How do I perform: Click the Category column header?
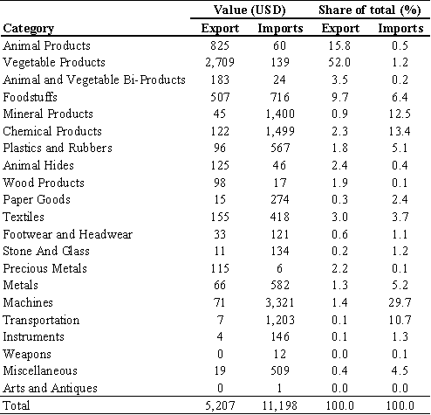(29, 29)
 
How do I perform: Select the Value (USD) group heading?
(250, 10)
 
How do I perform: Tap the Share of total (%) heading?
(370, 10)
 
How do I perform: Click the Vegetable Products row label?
(54, 63)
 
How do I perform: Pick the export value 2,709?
(220, 62)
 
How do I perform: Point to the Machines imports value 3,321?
(280, 302)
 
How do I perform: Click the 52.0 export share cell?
(339, 62)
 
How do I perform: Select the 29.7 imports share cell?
(400, 302)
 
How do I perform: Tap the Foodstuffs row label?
(30, 97)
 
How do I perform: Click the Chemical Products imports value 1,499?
(280, 131)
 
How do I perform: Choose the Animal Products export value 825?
(220, 45)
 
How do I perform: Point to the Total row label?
(17, 405)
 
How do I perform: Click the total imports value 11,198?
(280, 405)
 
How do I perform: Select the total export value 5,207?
(220, 405)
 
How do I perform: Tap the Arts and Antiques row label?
(50, 389)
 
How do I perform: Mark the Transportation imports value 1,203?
(280, 320)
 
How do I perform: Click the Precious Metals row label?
(44, 268)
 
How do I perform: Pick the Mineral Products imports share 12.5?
(400, 114)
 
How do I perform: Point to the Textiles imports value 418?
(280, 217)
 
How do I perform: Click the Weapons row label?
(27, 355)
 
